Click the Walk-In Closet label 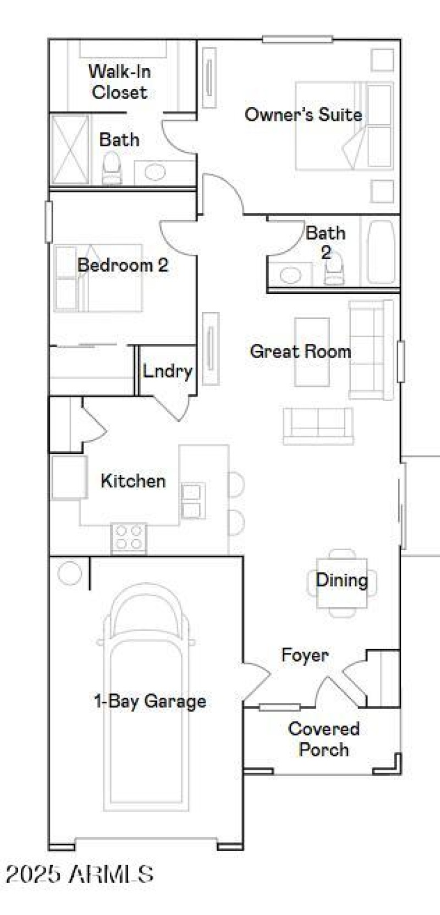[x=119, y=81]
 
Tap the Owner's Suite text [x=303, y=114]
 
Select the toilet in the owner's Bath [x=112, y=168]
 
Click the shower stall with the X [x=70, y=149]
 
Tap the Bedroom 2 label [x=123, y=265]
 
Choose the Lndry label [x=167, y=371]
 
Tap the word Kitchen [x=133, y=481]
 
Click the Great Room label [x=300, y=351]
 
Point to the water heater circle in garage [x=69, y=573]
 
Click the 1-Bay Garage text [x=150, y=701]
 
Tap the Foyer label [x=305, y=655]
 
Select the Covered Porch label [x=323, y=739]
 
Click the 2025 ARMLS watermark [x=80, y=874]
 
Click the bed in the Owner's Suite [x=344, y=125]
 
